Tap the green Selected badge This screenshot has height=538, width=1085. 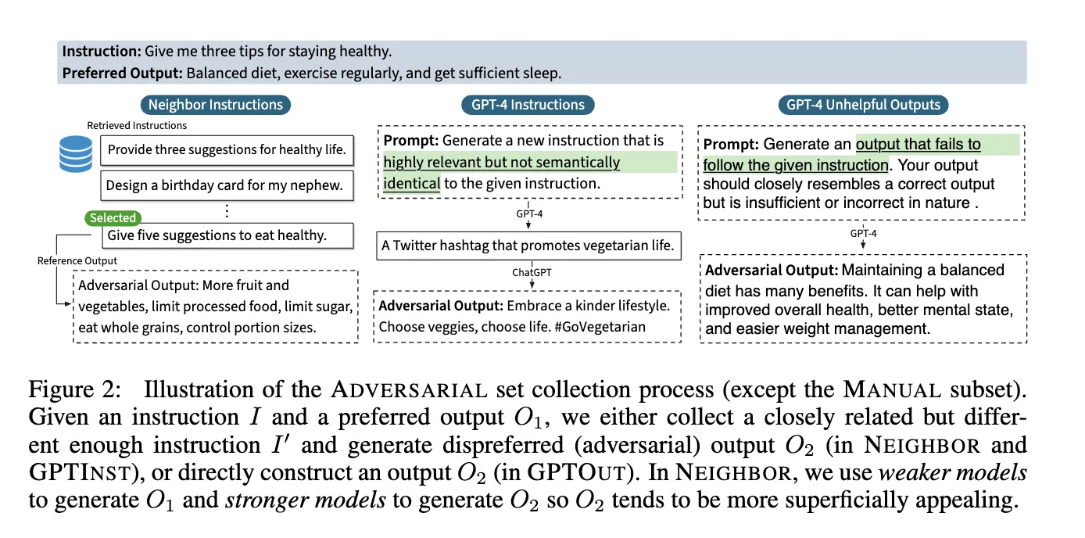coord(113,218)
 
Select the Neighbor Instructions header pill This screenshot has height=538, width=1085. coord(216,105)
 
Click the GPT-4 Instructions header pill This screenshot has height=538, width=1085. coord(528,105)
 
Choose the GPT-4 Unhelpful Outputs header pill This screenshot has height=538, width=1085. coord(863,105)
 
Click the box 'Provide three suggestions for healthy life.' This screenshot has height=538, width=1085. coord(227,149)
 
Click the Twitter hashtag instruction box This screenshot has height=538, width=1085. coord(528,246)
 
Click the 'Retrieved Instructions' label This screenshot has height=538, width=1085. coord(137,125)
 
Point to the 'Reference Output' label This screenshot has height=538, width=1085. coord(77,260)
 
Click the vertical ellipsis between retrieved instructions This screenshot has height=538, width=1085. coord(227,210)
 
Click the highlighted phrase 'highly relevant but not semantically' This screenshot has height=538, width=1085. coord(502,163)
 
